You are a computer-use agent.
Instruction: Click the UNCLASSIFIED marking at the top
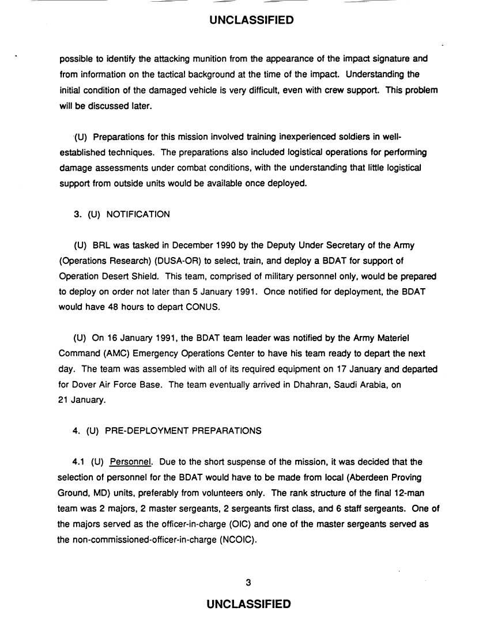[x=251, y=21]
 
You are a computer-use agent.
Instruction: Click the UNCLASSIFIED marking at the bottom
[x=248, y=604]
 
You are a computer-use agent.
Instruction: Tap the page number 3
[x=248, y=582]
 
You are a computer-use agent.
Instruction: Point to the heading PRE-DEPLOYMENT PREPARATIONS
[x=183, y=430]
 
